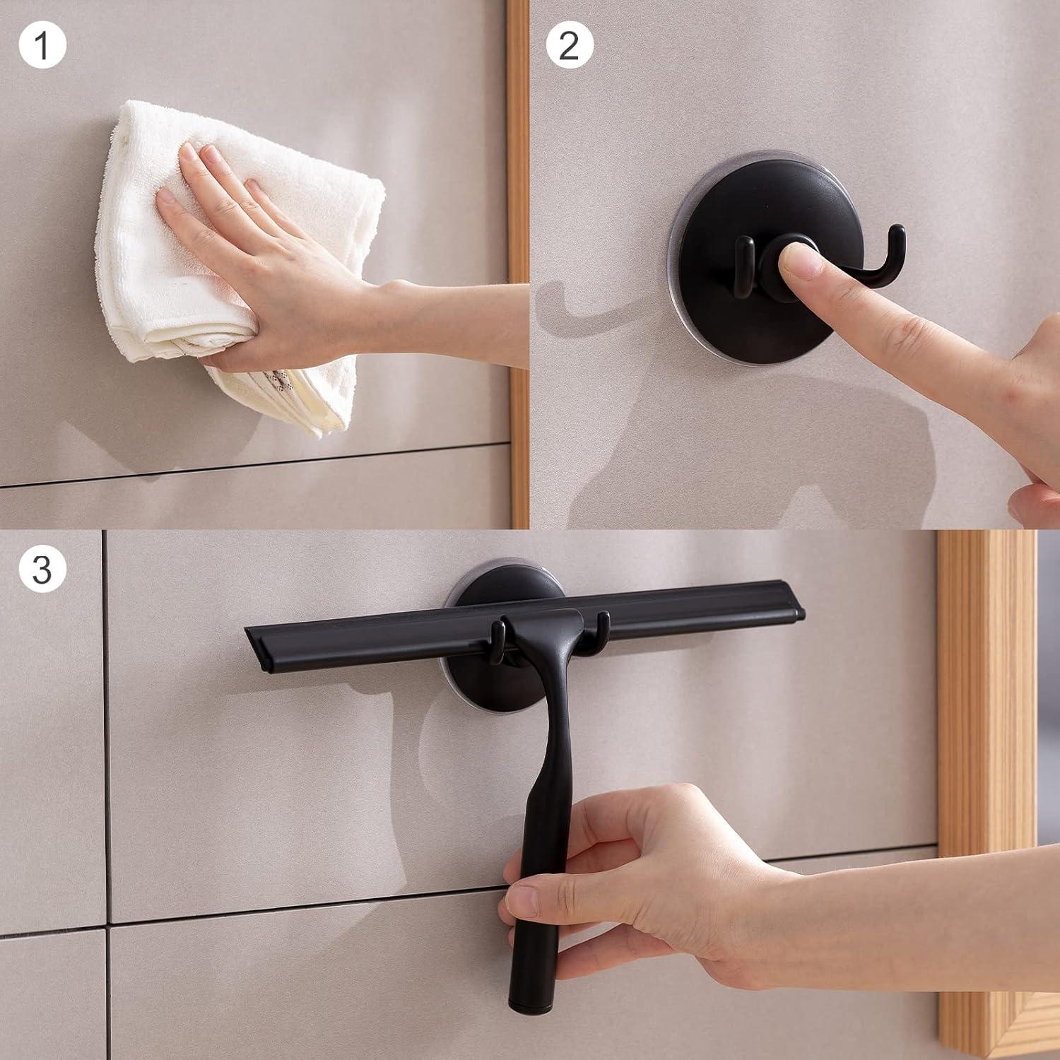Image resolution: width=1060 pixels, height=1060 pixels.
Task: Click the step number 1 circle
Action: tap(42, 45)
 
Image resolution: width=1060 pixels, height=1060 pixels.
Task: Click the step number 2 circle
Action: tap(570, 45)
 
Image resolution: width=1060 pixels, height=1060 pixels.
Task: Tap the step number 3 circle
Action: tap(42, 569)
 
